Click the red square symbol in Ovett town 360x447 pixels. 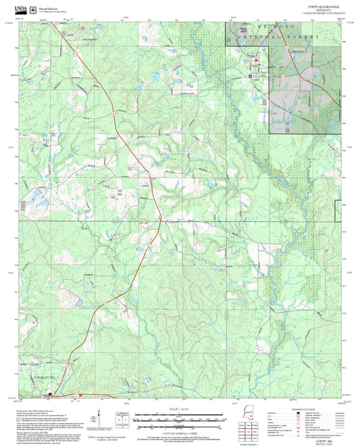tap(256, 61)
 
